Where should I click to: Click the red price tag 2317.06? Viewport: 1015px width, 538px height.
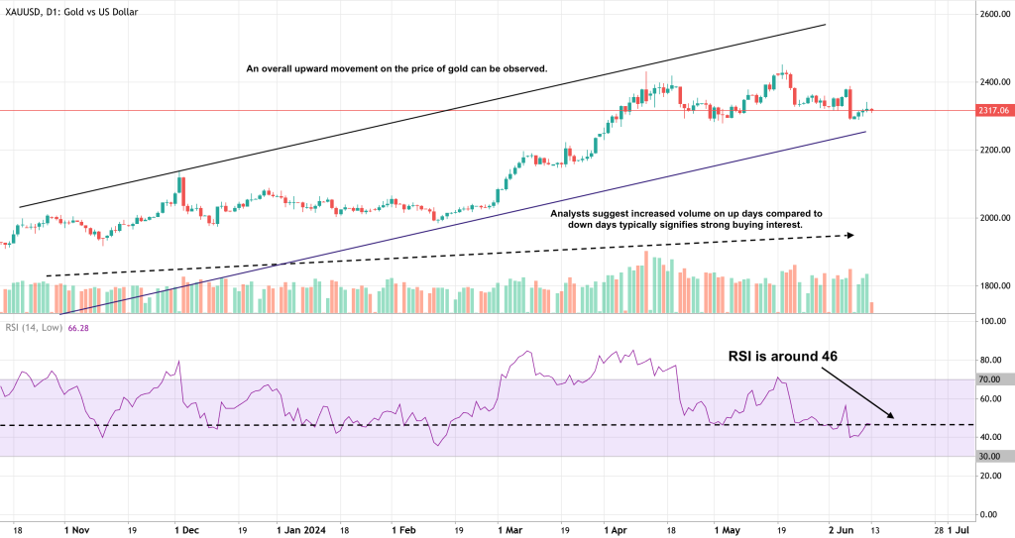point(992,111)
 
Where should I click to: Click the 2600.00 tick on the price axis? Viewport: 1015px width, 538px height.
point(992,15)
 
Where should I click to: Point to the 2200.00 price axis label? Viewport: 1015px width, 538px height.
point(992,151)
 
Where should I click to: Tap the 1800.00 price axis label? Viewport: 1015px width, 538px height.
point(992,286)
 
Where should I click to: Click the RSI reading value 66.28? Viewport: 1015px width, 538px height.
point(75,329)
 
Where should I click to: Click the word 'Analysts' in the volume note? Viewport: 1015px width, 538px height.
point(574,213)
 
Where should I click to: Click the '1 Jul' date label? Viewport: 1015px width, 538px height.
point(958,530)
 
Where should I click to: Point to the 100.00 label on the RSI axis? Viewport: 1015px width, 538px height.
point(992,322)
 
